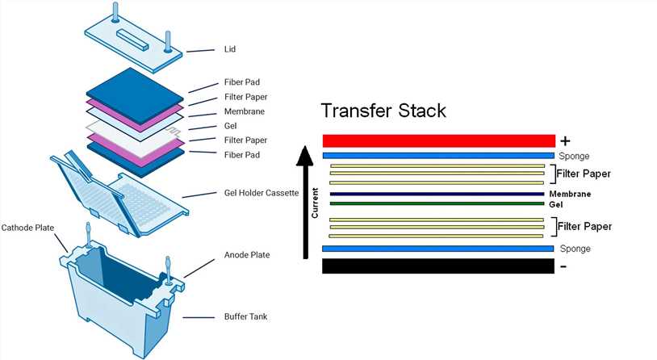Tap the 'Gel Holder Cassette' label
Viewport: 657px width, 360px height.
pos(261,194)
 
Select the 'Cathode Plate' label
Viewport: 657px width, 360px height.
pos(28,227)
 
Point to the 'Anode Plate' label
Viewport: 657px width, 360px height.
pos(247,255)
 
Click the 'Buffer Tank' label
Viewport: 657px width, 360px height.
pos(245,316)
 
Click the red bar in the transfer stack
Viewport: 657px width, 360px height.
pos(438,140)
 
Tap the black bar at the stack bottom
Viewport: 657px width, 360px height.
pos(437,266)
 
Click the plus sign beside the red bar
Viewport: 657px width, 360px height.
pos(565,140)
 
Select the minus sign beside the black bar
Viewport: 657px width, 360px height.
pos(563,266)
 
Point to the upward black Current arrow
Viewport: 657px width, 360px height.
pos(303,202)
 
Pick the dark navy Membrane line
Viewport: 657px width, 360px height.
pos(437,195)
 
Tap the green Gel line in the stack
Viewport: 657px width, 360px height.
pos(437,203)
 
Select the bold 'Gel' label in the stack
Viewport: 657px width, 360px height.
pos(555,204)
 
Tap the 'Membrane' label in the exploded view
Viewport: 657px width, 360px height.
pos(245,111)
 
